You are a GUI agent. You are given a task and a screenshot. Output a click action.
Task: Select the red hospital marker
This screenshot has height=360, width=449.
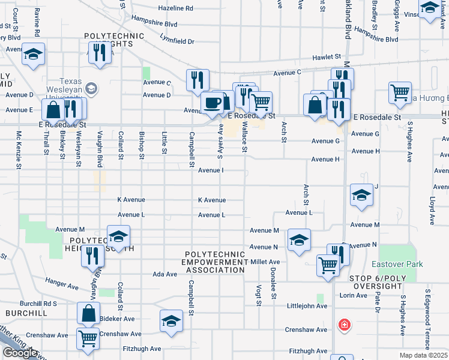pyautogui.click(x=345, y=325)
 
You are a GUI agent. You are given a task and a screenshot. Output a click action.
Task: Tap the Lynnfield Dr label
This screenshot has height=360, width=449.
pyautogui.click(x=178, y=41)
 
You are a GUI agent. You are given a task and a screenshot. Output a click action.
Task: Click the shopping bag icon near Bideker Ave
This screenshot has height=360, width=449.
pyautogui.click(x=88, y=313)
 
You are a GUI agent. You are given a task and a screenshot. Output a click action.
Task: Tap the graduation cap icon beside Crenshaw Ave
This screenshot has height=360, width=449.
pyautogui.click(x=171, y=320)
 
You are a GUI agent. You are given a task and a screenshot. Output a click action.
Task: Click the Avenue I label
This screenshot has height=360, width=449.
pyautogui.click(x=211, y=170)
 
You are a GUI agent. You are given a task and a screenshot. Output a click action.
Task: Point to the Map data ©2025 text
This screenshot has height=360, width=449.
pyautogui.click(x=424, y=355)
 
